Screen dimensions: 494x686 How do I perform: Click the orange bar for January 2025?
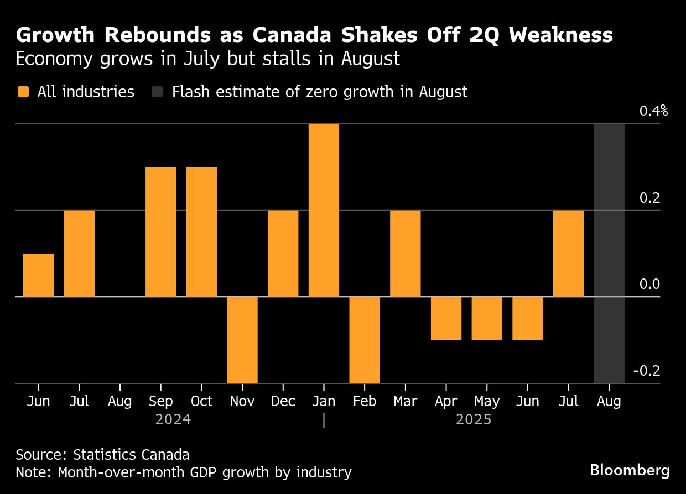pyautogui.click(x=324, y=210)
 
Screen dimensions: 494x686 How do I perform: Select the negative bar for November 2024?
pyautogui.click(x=242, y=340)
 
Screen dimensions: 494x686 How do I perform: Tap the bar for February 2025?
pyautogui.click(x=365, y=340)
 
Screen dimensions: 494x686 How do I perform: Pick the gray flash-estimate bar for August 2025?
pyautogui.click(x=609, y=253)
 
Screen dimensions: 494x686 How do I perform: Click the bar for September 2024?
pyautogui.click(x=161, y=232)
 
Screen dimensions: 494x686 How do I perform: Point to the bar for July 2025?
pyautogui.click(x=568, y=253)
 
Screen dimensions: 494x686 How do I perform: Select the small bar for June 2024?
pyautogui.click(x=39, y=275)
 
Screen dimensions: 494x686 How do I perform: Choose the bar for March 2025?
pyautogui.click(x=405, y=253)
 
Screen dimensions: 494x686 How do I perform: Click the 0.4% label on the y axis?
pyautogui.click(x=653, y=112)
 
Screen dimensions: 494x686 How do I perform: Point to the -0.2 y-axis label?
pyautogui.click(x=646, y=371)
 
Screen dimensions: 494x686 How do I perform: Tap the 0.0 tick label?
pyautogui.click(x=649, y=285)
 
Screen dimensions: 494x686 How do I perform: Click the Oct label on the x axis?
pyautogui.click(x=201, y=401)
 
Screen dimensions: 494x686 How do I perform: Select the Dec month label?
pyautogui.click(x=283, y=401)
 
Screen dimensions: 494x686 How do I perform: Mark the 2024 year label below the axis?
pyautogui.click(x=173, y=420)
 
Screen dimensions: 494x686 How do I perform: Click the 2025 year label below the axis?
pyautogui.click(x=474, y=420)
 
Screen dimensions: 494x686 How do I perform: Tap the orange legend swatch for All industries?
pyautogui.click(x=23, y=92)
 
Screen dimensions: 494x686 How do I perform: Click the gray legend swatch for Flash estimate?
pyautogui.click(x=157, y=92)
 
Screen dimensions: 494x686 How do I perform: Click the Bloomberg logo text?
pyautogui.click(x=630, y=471)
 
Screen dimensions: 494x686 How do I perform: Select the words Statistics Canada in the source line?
pyautogui.click(x=131, y=455)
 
